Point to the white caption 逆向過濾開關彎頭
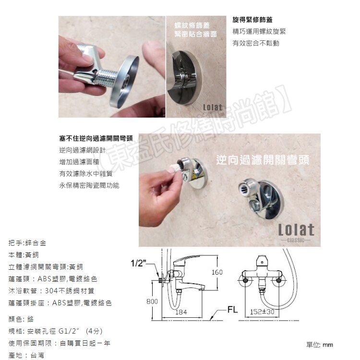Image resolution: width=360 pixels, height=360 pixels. click(263, 159)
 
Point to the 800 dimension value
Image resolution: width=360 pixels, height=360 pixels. click(152, 301)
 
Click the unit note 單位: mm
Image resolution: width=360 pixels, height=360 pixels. click(319, 345)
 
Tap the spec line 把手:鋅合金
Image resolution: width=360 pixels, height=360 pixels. click(27, 243)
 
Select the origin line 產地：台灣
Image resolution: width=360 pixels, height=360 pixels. click(26, 355)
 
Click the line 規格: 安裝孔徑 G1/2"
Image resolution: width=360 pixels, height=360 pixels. click(55, 331)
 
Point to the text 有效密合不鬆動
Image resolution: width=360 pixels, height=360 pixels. click(255, 43)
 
